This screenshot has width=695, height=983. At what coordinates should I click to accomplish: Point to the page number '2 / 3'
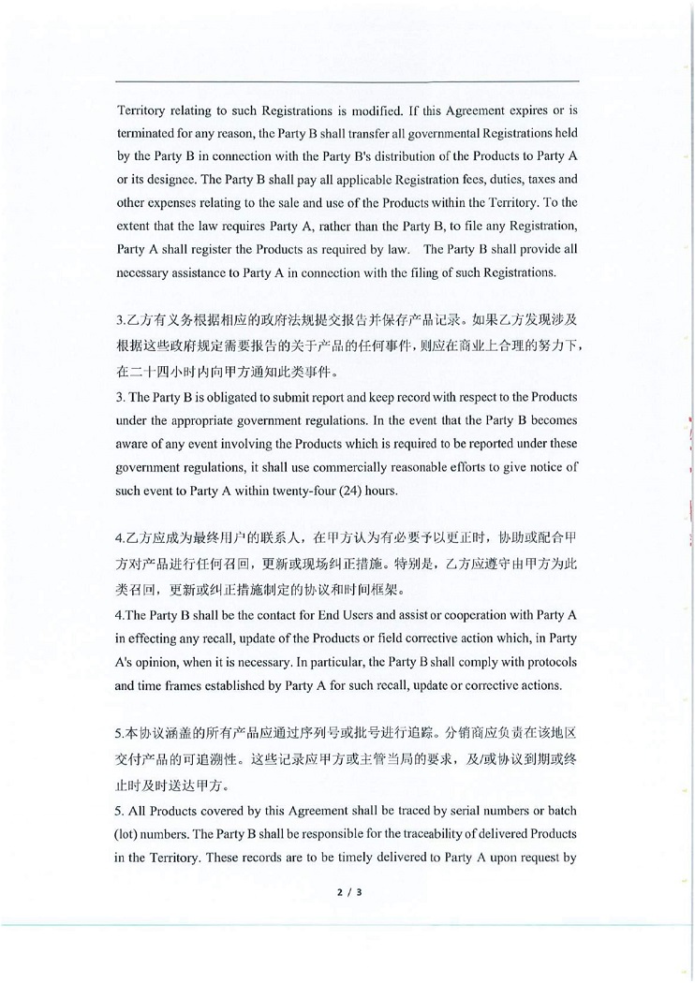click(x=348, y=892)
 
